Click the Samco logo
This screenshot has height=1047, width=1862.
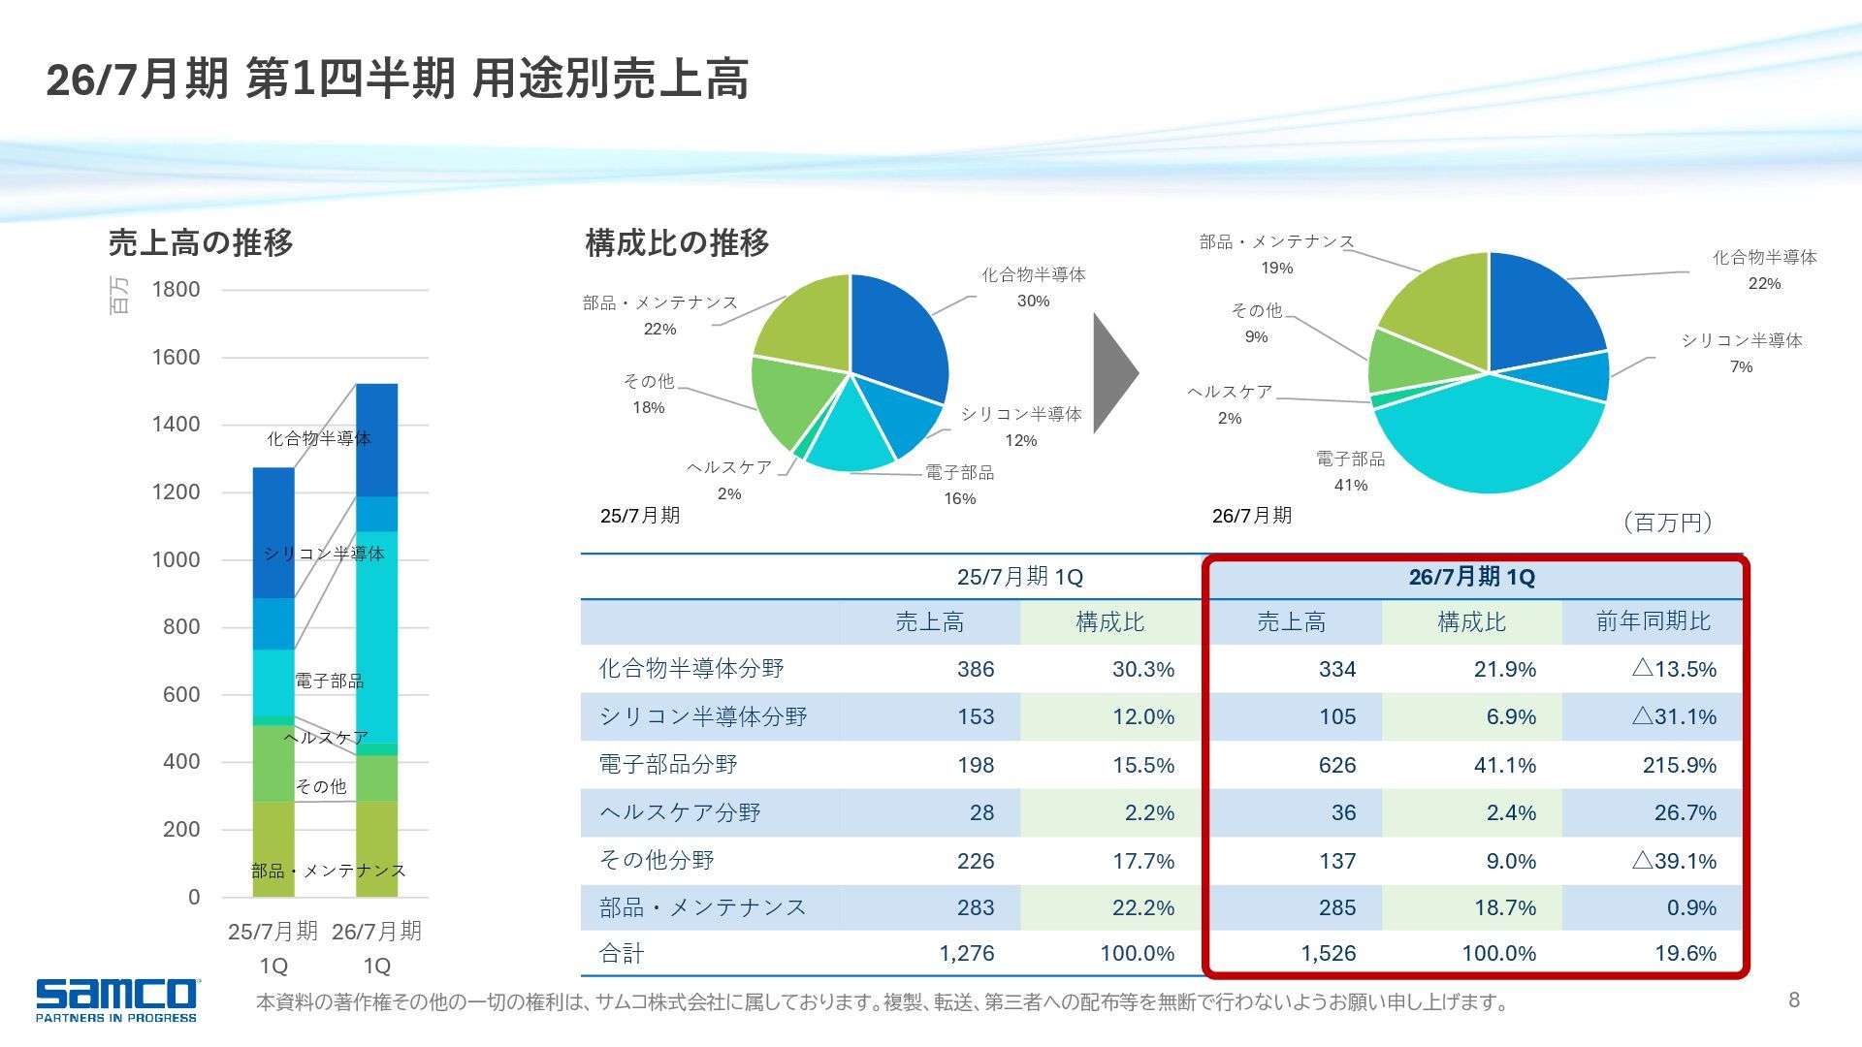pyautogui.click(x=116, y=999)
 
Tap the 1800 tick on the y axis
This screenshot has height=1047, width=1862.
pyautogui.click(x=176, y=290)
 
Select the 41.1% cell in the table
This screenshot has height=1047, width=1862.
pyautogui.click(x=1504, y=765)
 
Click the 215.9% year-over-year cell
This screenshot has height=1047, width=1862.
pyautogui.click(x=1679, y=765)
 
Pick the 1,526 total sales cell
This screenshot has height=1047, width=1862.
pyautogui.click(x=1328, y=954)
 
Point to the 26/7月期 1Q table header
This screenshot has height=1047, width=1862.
pyautogui.click(x=1471, y=578)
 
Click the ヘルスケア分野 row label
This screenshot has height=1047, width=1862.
pyautogui.click(x=680, y=812)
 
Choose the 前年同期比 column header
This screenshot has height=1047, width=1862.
pyautogui.click(x=1653, y=621)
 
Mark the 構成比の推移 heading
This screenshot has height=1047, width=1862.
pyautogui.click(x=677, y=242)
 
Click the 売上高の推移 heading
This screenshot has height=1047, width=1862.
pyautogui.click(x=201, y=242)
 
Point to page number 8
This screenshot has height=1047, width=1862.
pyautogui.click(x=1794, y=999)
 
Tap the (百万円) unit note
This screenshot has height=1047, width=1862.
pyautogui.click(x=1667, y=523)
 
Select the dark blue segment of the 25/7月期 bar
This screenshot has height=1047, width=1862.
pyautogui.click(x=273, y=533)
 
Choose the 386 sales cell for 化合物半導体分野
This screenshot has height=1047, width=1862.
pyautogui.click(x=975, y=669)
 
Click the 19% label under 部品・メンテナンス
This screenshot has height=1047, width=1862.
pyautogui.click(x=1276, y=269)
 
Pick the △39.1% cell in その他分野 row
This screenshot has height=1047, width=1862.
pyautogui.click(x=1674, y=861)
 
